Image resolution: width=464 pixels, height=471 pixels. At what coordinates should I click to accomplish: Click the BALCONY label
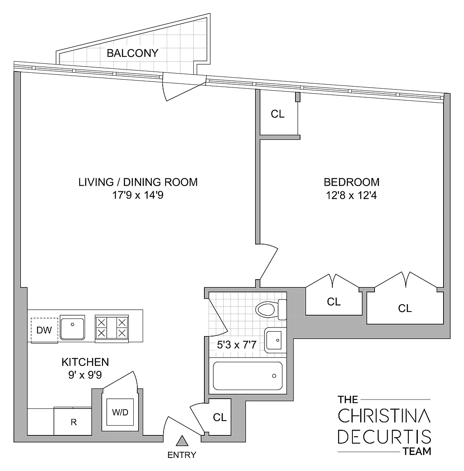point(132,53)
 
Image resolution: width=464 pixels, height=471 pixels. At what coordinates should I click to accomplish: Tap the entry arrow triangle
point(182,440)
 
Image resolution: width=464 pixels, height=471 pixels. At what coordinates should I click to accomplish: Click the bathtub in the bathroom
point(247,376)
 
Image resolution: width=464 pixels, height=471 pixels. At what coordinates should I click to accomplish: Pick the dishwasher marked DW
point(44,330)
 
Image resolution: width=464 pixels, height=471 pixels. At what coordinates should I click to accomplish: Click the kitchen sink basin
point(72,327)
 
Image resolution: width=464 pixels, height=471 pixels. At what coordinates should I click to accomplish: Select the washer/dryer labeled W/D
point(120,412)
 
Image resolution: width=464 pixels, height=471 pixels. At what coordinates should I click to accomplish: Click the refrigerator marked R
point(73,422)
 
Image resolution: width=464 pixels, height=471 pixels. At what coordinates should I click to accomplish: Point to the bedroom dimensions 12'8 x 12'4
point(351,195)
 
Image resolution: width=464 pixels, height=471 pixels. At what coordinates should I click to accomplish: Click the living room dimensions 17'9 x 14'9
point(138,195)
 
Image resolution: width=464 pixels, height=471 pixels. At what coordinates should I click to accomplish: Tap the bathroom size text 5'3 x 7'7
point(236,345)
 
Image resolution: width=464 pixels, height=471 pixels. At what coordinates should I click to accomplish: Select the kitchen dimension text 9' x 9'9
point(85,375)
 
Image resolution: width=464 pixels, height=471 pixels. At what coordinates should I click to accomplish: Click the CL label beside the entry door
point(220,417)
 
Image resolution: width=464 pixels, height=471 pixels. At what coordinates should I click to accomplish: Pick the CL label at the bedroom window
point(278,114)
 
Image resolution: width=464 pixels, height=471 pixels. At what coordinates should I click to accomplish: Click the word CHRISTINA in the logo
point(384,416)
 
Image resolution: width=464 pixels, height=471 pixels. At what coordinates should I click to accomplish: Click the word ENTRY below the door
point(182,455)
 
